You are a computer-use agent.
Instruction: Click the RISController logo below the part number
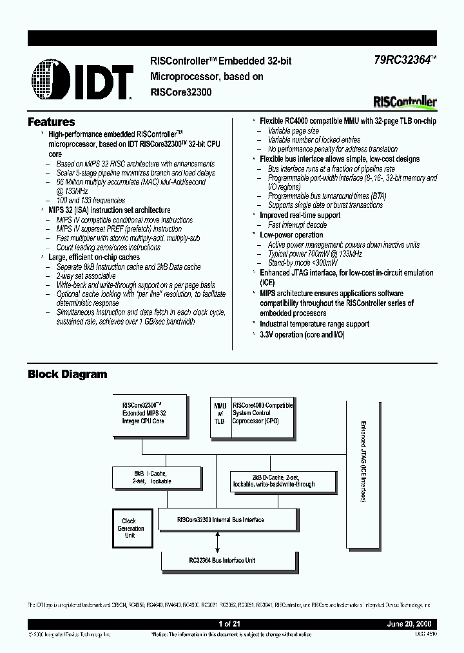[405, 101]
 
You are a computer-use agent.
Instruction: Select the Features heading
[52, 122]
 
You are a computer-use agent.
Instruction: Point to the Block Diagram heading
[68, 374]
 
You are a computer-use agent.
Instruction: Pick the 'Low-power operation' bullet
[291, 236]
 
